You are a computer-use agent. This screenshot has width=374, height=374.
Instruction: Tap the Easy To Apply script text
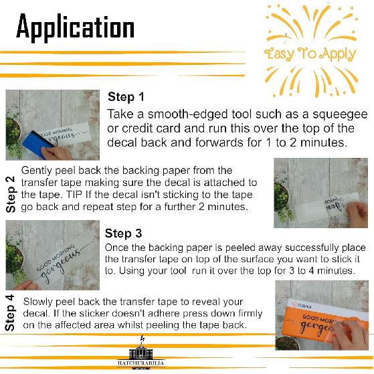point(310,55)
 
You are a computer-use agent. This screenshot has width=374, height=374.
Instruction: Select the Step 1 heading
point(126,97)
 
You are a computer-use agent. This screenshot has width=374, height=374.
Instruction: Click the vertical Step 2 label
point(11,195)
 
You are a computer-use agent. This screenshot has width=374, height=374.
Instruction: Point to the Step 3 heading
point(124,233)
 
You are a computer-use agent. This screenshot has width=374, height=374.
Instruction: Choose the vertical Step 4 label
point(10,312)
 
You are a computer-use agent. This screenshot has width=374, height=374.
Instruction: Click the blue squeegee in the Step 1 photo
point(36,142)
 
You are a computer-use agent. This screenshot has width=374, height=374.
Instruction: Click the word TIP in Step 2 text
point(74,195)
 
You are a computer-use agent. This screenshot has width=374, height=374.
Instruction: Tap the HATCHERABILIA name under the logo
point(141,363)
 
